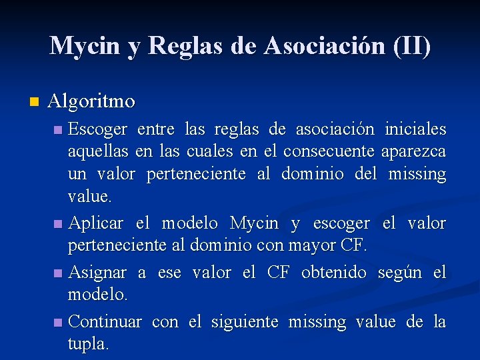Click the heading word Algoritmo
(x=91, y=101)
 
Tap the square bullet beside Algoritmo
(x=34, y=102)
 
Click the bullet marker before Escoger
(x=59, y=129)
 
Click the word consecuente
(x=329, y=151)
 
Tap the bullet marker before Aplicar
(x=59, y=223)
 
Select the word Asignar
(x=98, y=273)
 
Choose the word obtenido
(x=334, y=272)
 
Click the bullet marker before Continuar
(x=59, y=323)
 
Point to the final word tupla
(x=89, y=345)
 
